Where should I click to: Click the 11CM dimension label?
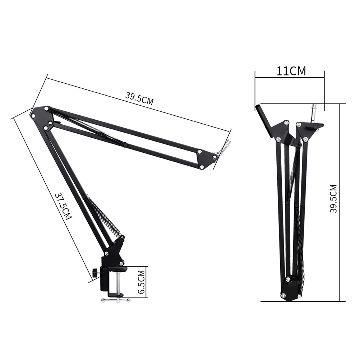coord(291,71)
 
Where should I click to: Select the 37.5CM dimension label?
coord(63,206)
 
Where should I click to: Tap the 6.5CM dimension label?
coord(141,282)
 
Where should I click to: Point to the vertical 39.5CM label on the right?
coord(333,199)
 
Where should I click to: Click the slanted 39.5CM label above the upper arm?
coord(139,98)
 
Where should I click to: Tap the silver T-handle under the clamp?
coord(115,300)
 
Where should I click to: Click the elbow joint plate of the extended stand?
coord(42,118)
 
